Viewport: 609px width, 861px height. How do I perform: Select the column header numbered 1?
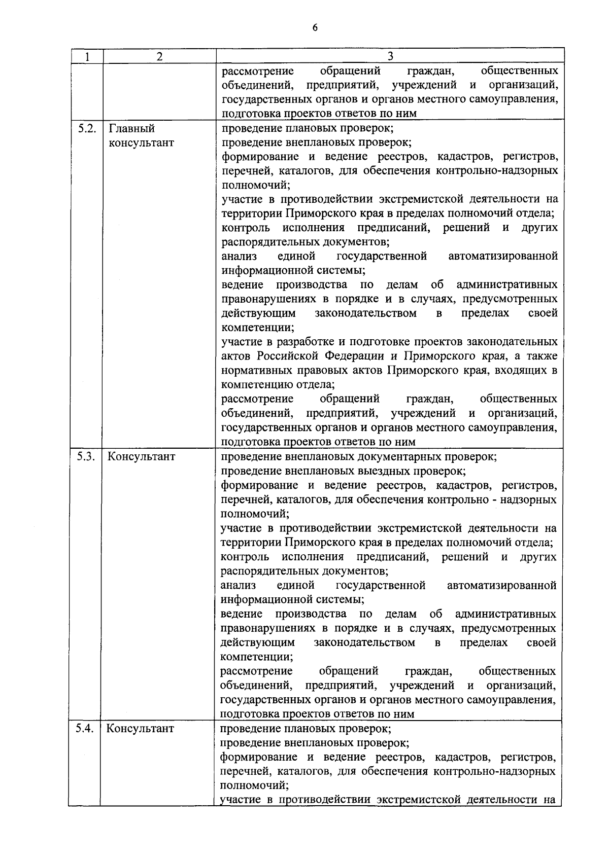click(x=87, y=56)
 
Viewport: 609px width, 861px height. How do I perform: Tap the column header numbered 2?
click(x=159, y=56)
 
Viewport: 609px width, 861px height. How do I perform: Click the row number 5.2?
click(x=87, y=128)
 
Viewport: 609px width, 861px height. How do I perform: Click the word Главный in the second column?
click(x=132, y=129)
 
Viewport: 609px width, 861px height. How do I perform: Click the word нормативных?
click(x=256, y=370)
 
